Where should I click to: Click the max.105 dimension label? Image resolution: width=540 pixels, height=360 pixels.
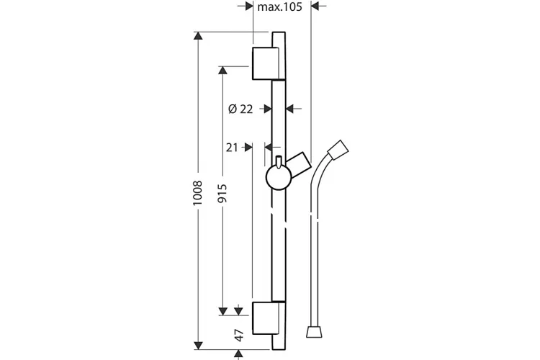[x=279, y=6]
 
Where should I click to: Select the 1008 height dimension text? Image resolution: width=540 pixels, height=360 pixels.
[x=198, y=193]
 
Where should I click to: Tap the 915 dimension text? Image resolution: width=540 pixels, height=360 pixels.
[x=222, y=193]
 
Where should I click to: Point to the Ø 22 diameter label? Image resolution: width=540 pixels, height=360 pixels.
[x=240, y=109]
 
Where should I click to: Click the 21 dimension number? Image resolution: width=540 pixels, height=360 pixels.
[x=232, y=148]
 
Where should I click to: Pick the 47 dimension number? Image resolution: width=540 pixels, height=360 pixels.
[x=239, y=336]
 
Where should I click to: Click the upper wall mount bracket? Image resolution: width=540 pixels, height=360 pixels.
[x=269, y=63]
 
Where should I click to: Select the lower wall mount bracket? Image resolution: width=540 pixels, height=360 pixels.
[x=269, y=318]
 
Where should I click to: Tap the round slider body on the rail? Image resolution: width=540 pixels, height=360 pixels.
[x=279, y=177]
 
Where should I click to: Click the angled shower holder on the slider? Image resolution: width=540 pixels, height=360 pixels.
[x=299, y=165]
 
